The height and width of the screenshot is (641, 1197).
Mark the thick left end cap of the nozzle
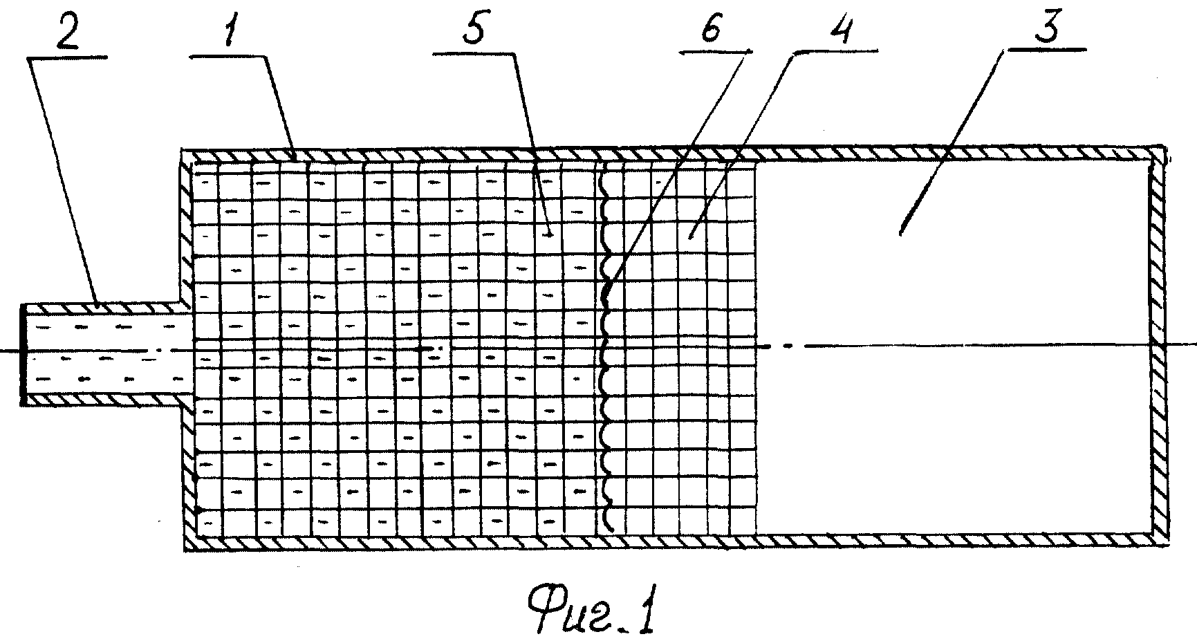[24, 353]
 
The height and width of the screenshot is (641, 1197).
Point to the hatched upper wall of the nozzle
[103, 308]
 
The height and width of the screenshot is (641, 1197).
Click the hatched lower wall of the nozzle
[103, 400]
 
